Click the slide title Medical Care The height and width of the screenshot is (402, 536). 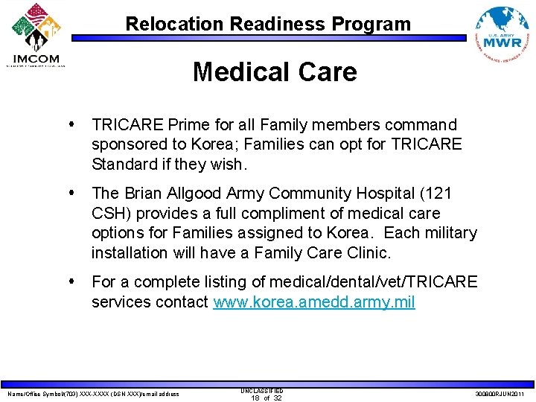point(275,72)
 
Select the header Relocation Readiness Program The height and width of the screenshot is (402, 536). point(268,24)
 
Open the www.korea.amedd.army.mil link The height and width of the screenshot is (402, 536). point(314,302)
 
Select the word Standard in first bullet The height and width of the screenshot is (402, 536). point(124,163)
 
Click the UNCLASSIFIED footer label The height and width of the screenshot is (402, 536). point(261,390)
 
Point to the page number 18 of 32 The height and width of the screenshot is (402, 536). point(266,398)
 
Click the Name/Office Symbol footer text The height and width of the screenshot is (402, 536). point(93,394)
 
